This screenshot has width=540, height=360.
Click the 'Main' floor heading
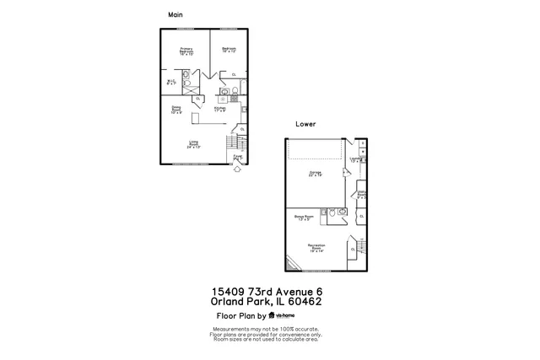point(175,14)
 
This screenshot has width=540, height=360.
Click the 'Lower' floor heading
point(305,123)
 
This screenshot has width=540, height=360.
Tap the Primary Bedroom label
point(186,51)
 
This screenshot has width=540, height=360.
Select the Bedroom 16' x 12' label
point(229,50)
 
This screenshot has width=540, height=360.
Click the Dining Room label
point(176,110)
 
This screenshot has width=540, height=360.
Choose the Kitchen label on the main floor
point(219,110)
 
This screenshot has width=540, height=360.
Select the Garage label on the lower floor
point(316,174)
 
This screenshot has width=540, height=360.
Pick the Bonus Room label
point(305,217)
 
